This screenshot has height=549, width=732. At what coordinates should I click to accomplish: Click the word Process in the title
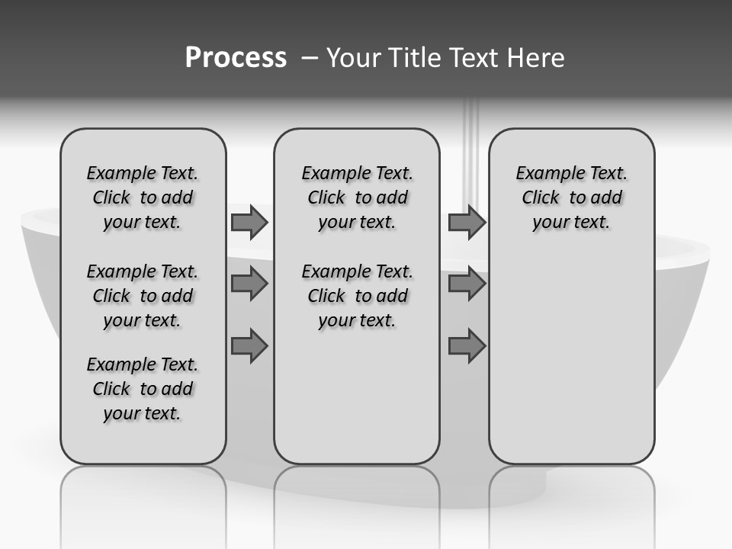(x=236, y=58)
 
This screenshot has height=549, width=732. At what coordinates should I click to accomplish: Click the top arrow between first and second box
(x=249, y=223)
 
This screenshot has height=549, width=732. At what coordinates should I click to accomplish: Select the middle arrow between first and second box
(x=249, y=284)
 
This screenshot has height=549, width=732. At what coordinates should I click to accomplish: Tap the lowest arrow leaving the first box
(x=249, y=345)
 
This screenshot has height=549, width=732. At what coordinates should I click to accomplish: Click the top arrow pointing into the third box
(x=467, y=223)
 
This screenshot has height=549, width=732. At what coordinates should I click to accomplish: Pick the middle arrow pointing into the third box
(x=467, y=284)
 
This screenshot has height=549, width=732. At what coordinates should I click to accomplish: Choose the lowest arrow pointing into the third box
(x=467, y=345)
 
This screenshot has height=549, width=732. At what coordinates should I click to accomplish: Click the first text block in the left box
(x=143, y=197)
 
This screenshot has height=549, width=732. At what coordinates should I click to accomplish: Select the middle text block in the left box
(x=143, y=296)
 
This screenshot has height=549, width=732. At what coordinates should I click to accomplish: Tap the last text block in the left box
(x=143, y=389)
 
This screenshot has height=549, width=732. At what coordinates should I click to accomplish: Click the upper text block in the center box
(x=357, y=197)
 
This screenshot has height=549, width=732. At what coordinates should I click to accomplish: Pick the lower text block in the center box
(x=357, y=296)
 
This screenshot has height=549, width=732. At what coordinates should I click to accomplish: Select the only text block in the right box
(x=571, y=197)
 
